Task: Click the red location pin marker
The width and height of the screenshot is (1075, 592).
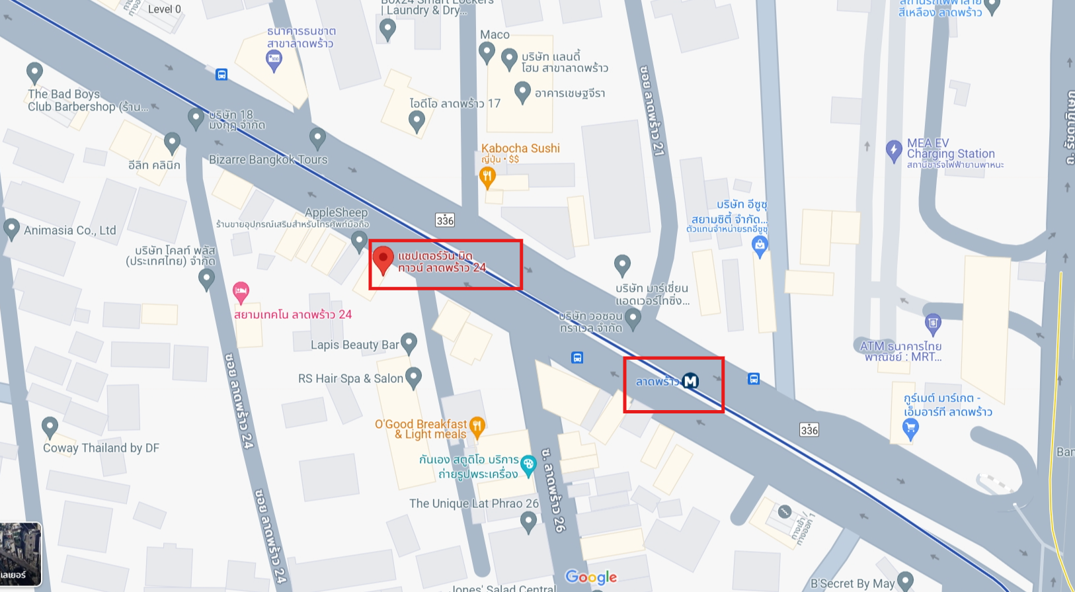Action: pos(383,259)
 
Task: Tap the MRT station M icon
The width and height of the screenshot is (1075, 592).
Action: pos(690,381)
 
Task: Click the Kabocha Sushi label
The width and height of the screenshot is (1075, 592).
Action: pos(520,148)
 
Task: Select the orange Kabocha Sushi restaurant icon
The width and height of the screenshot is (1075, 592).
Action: pos(487,177)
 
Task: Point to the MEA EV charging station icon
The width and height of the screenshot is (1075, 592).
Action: pos(893,150)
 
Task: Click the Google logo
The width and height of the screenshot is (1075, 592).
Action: pos(591,577)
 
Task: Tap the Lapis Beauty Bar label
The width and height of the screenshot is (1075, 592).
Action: pos(354,345)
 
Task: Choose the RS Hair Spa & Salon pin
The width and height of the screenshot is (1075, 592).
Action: pos(413,377)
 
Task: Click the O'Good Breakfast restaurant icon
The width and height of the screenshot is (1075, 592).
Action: pos(477,425)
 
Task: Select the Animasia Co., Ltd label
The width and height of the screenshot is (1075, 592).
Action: pos(69,230)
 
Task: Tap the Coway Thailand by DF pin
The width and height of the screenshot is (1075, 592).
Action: pos(50,427)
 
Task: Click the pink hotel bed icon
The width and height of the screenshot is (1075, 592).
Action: pos(241,290)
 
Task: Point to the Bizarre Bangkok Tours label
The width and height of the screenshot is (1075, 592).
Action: pos(268,159)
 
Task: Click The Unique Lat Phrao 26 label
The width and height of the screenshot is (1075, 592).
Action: pos(474,503)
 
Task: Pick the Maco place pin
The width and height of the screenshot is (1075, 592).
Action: pos(487,52)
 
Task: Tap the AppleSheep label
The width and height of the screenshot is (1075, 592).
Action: pos(336,212)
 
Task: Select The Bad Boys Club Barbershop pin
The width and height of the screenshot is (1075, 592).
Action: pos(34,72)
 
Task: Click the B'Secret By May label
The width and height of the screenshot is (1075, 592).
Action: pos(852,583)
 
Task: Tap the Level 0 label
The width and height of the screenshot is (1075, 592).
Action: pos(164,9)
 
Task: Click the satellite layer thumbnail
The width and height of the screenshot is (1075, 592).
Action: pos(20,554)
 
